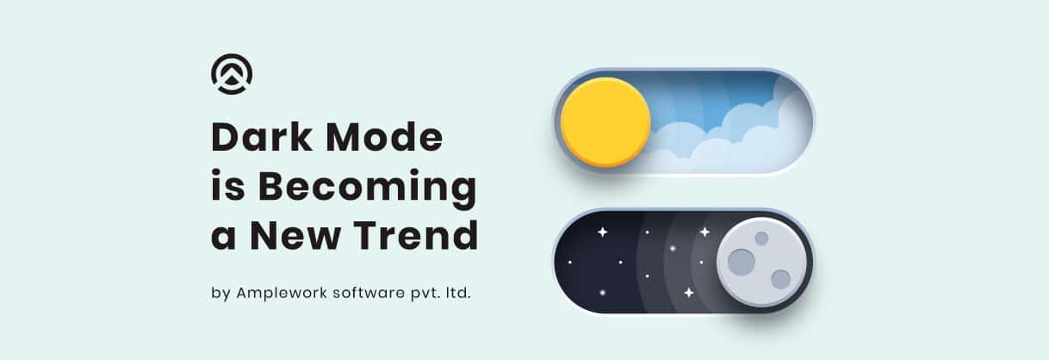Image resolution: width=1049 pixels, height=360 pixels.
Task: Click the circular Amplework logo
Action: tap(232, 74)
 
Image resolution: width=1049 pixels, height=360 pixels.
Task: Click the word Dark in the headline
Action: tap(262, 137)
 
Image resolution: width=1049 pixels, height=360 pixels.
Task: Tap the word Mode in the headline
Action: tap(384, 137)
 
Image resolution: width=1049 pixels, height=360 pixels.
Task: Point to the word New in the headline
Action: tap(296, 235)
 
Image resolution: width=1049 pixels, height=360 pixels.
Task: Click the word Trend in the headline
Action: tap(415, 235)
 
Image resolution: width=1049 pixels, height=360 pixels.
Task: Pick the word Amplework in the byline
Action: tap(281, 294)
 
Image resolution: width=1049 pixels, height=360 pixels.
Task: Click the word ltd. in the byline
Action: tap(458, 293)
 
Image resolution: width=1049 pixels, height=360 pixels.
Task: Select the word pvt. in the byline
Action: tap(425, 294)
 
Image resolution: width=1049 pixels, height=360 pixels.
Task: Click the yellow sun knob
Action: tap(605, 122)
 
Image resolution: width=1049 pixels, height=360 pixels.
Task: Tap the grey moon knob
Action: tap(762, 262)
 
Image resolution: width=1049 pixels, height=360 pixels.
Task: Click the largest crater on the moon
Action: tap(742, 262)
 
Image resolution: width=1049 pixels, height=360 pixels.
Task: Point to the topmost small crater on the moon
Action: tap(761, 239)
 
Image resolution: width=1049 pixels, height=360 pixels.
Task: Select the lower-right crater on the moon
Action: tap(780, 280)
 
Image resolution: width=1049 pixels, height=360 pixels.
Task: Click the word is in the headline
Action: tap(227, 185)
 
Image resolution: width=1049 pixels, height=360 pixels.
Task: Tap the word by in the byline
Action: tap(220, 294)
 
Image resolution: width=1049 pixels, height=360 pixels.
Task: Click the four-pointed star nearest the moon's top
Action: tap(705, 232)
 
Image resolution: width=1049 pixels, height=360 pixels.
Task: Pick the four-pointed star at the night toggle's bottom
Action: tap(689, 293)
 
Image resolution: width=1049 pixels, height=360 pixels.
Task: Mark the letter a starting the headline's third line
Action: tap(223, 238)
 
